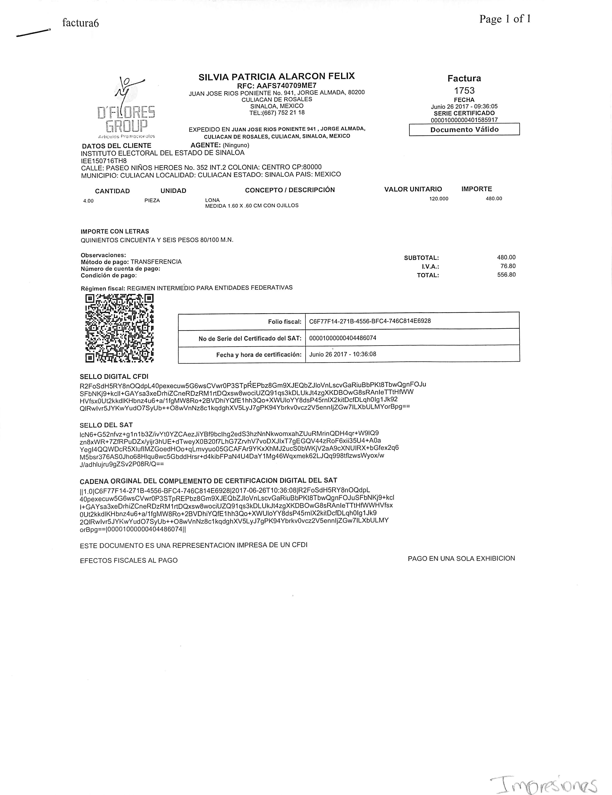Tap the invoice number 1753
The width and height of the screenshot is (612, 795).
(464, 90)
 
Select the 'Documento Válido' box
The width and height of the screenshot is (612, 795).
(464, 130)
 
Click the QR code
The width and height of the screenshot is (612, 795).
(119, 328)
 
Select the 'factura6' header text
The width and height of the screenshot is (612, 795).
(80, 23)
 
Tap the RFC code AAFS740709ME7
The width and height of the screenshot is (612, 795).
(277, 86)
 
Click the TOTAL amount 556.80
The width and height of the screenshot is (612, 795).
(506, 275)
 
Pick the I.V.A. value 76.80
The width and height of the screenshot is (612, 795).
(508, 266)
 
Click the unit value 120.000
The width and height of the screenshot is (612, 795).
(439, 199)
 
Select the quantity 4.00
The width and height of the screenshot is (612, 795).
(88, 201)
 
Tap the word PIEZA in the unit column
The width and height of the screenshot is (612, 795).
(152, 200)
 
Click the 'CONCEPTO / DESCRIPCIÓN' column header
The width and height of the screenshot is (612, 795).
(290, 190)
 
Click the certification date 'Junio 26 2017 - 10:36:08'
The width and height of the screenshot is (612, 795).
(343, 354)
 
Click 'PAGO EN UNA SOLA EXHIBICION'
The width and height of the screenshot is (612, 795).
(461, 558)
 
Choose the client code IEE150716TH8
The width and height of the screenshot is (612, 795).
(104, 160)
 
